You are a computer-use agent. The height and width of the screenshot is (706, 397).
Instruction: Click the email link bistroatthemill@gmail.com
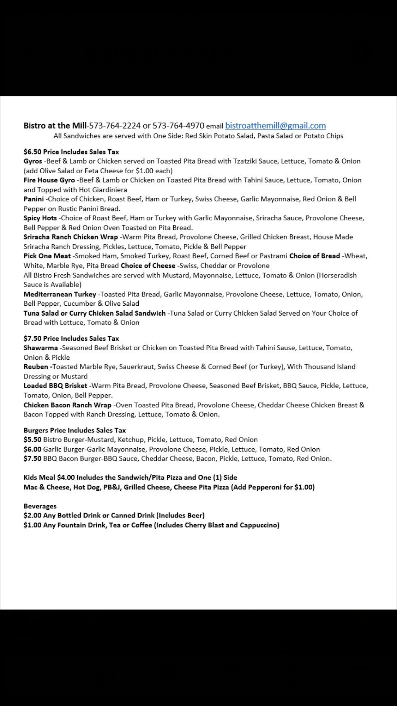click(x=275, y=126)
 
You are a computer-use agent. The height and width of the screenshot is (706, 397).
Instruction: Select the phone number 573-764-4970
click(x=178, y=126)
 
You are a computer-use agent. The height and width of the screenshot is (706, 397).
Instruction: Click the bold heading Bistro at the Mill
click(x=55, y=126)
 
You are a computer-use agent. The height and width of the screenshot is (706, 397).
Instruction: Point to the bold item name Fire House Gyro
click(x=49, y=180)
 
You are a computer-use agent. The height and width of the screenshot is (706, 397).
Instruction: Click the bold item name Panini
click(x=34, y=199)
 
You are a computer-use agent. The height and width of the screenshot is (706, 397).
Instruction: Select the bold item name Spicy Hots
click(x=40, y=218)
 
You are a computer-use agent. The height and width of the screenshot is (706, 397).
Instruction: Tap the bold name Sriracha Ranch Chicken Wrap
click(x=71, y=237)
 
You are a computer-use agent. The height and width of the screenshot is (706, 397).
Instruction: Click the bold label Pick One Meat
click(x=47, y=256)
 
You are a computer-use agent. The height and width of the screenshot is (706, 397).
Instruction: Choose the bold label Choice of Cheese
click(x=148, y=265)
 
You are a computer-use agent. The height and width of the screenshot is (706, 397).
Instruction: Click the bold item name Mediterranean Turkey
click(x=60, y=294)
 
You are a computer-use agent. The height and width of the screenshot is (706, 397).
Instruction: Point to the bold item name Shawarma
click(x=41, y=348)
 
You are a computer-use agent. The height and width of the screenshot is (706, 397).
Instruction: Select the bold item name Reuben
click(x=37, y=367)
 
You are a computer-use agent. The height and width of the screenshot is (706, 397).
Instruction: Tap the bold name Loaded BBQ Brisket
click(x=55, y=386)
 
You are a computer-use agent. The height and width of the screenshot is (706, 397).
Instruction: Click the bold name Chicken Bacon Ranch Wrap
click(x=67, y=405)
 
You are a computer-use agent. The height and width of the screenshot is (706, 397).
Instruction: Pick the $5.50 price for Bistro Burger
click(x=32, y=440)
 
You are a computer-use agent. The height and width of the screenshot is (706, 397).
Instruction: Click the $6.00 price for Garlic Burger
click(x=32, y=449)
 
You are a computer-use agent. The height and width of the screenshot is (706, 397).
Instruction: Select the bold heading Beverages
click(x=40, y=506)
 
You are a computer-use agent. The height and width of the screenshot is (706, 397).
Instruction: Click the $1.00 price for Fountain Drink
click(x=32, y=525)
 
